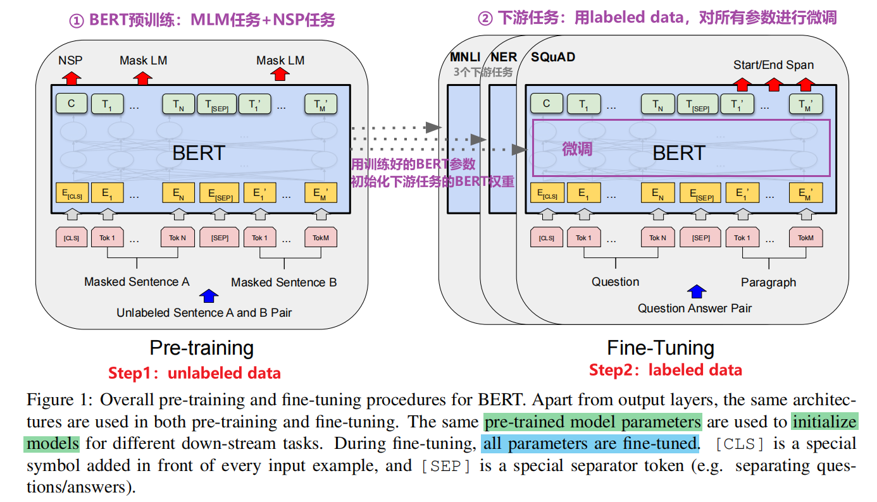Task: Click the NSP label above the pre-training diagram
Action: [70, 61]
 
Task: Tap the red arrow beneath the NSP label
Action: [71, 78]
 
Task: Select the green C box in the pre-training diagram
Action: [72, 104]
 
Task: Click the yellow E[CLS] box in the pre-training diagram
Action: [71, 193]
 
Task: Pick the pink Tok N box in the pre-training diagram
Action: [177, 238]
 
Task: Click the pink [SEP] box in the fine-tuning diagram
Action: [700, 238]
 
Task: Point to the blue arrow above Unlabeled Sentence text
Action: [209, 295]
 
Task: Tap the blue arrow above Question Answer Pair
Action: [697, 291]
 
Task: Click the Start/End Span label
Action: [773, 65]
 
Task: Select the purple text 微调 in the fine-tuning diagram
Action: [577, 149]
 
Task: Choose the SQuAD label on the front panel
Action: [553, 58]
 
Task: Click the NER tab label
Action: [504, 58]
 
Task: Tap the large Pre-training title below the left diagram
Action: [201, 348]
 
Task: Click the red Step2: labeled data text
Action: [665, 370]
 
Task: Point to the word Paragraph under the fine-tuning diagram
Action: [768, 283]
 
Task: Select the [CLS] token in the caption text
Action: [739, 444]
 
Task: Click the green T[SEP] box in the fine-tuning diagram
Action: [698, 105]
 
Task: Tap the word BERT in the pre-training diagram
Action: [199, 153]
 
